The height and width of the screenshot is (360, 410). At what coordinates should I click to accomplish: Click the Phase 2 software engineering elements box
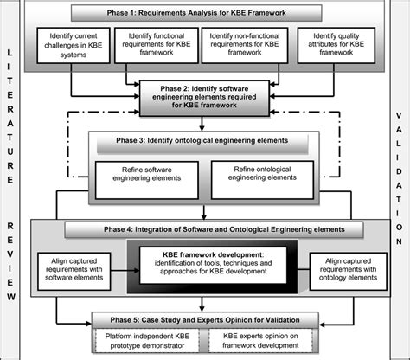201,97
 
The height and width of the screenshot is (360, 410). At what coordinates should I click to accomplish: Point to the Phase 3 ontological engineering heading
201,139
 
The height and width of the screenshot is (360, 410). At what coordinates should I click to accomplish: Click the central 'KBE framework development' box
204,265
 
